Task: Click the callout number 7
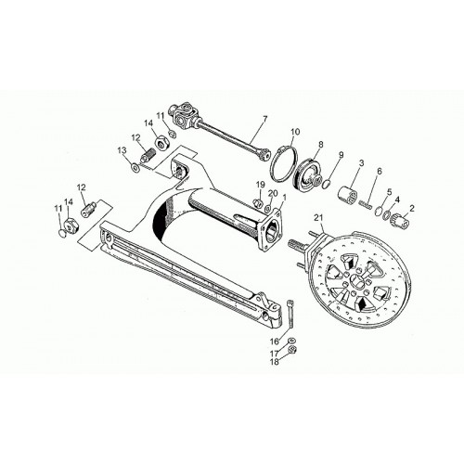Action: [x=264, y=119]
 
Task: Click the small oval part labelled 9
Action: [x=326, y=185]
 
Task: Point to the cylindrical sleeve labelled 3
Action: [x=348, y=194]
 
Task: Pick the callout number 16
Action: [x=275, y=342]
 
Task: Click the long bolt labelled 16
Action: [x=290, y=315]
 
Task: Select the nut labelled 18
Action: [x=292, y=350]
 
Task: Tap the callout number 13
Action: [x=122, y=150]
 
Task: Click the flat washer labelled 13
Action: [x=135, y=167]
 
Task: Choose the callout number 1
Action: [x=285, y=197]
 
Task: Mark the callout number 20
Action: [x=272, y=193]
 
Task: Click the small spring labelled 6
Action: [x=366, y=205]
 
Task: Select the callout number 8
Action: [x=320, y=144]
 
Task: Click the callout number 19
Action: [x=261, y=185]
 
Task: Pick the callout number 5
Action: [x=389, y=191]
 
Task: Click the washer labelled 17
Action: [x=290, y=341]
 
